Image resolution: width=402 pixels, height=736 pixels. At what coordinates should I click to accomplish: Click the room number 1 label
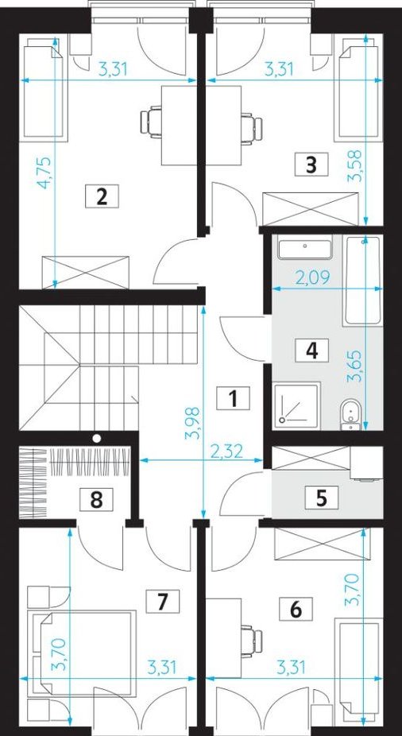pyautogui.click(x=233, y=399)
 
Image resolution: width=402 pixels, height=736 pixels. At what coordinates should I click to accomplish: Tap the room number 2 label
pyautogui.click(x=102, y=196)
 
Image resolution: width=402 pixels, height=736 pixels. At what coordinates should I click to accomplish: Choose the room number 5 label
pyautogui.click(x=321, y=498)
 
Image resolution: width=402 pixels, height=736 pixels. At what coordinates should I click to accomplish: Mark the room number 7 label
pyautogui.click(x=162, y=602)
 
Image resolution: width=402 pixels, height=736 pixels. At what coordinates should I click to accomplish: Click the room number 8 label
pyautogui.click(x=96, y=499)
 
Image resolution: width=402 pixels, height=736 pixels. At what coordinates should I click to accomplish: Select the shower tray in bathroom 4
pyautogui.click(x=297, y=405)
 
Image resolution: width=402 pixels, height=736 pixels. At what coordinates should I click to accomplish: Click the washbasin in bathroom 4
pyautogui.click(x=305, y=250)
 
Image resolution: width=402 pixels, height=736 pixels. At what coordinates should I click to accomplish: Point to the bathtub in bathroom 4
pyautogui.click(x=362, y=281)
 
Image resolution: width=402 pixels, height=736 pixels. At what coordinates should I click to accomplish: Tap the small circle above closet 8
pyautogui.click(x=97, y=438)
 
